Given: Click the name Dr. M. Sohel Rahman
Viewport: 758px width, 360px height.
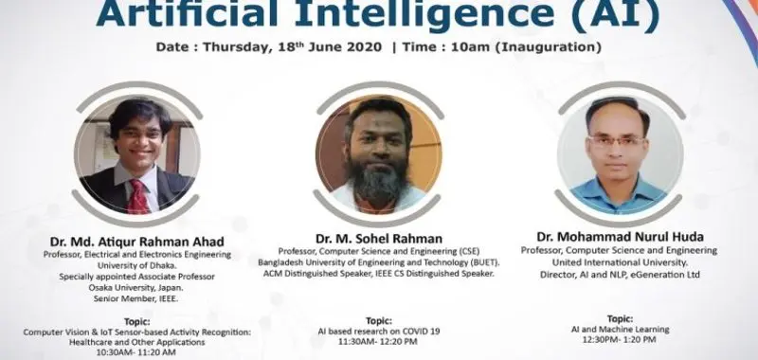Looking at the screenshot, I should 379,236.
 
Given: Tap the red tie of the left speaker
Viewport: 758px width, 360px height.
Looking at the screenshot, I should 137,194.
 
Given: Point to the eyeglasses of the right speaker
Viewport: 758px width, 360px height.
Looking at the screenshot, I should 616,142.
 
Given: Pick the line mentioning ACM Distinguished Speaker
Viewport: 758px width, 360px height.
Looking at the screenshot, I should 379,273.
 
